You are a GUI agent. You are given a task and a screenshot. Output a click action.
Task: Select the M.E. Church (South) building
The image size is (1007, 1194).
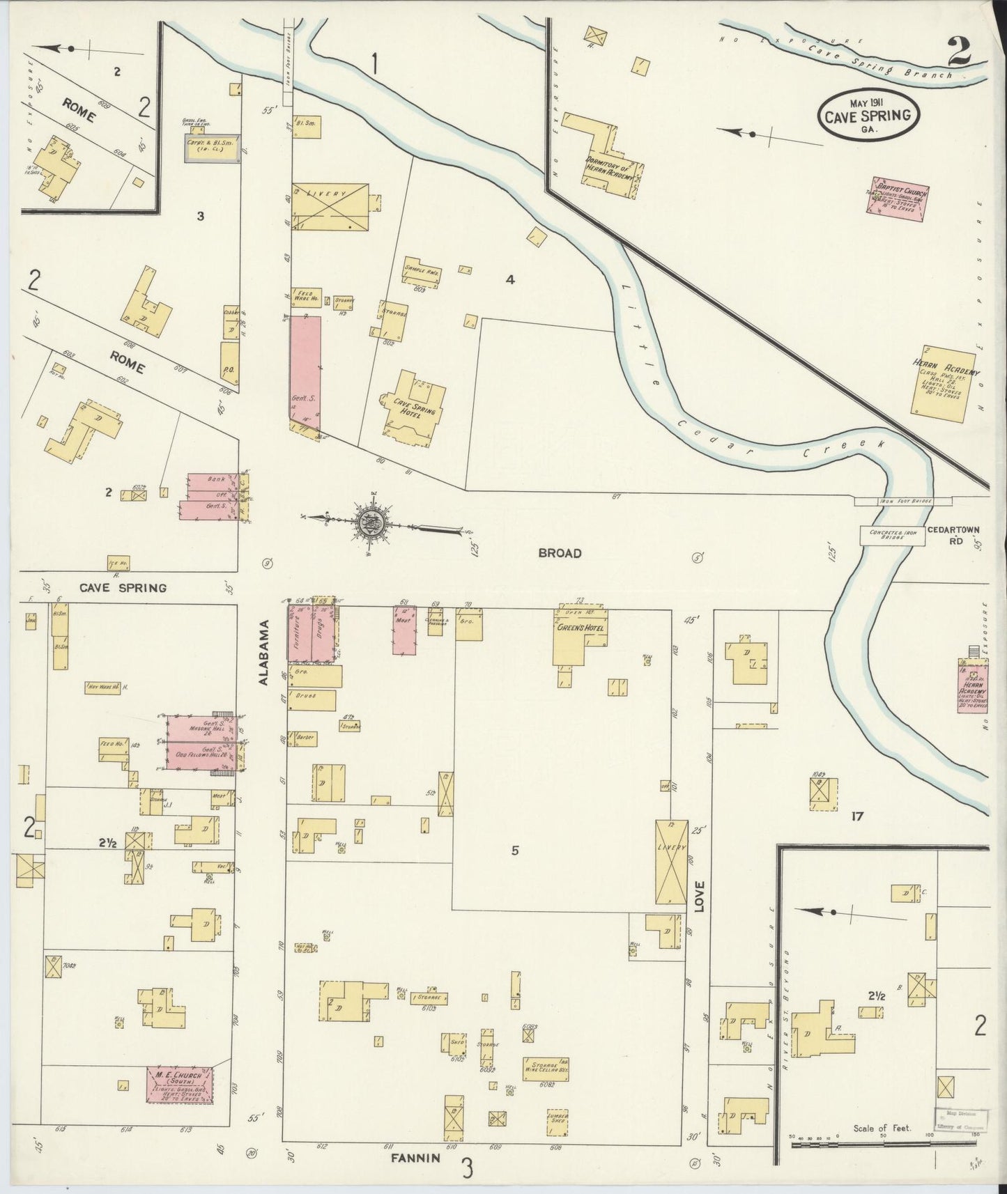(178, 1103)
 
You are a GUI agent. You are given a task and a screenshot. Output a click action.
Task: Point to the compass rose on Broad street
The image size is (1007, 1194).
(369, 523)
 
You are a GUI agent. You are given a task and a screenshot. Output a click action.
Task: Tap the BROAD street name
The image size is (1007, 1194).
(559, 553)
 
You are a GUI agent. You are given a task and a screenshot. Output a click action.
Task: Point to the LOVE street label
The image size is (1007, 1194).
(698, 897)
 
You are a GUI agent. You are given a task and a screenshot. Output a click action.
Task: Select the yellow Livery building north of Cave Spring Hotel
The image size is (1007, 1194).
(330, 207)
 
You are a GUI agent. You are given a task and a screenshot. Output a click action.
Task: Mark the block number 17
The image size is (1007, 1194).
(856, 816)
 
